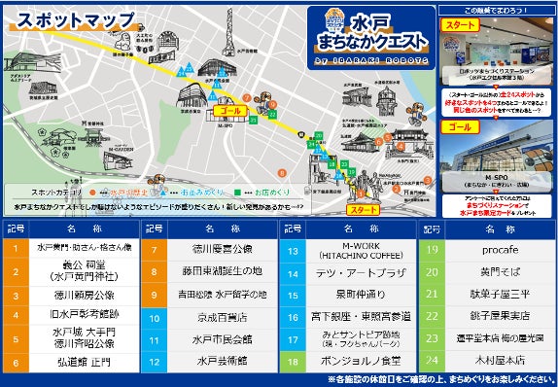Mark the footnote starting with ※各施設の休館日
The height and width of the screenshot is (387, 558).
[x=438, y=379]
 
